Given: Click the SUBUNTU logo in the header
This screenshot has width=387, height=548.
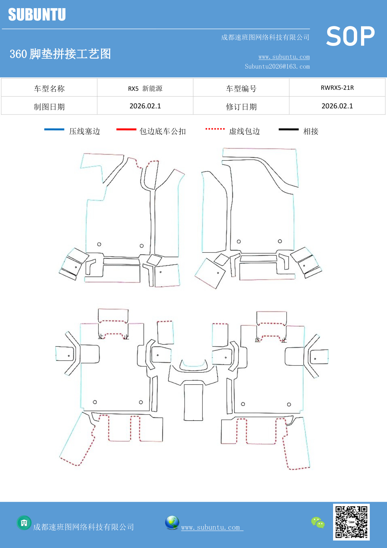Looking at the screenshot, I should tap(37, 15).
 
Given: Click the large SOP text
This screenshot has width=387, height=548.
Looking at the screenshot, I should tap(350, 36).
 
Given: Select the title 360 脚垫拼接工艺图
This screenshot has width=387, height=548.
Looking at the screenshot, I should tap(60, 54).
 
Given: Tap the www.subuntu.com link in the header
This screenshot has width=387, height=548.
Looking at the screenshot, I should tap(284, 57).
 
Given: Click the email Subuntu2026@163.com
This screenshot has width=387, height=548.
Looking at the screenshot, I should tap(277, 66).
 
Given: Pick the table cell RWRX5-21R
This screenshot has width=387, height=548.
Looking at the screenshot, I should tap(337, 88).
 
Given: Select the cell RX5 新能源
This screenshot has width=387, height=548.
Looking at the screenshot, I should tap(145, 89).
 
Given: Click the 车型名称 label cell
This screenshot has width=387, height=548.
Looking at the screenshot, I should tap(49, 89).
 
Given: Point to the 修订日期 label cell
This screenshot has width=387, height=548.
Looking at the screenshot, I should tap(241, 107).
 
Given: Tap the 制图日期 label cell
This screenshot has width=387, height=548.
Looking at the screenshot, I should tap(49, 107).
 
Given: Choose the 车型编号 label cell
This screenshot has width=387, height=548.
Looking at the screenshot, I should tap(241, 89).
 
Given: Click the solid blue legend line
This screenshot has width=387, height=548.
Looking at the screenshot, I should tap(54, 130).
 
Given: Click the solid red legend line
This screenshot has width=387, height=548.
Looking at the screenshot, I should tap(126, 130).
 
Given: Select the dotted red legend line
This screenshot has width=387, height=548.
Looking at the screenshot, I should tap(215, 129).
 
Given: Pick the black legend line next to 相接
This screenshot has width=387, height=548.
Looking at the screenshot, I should tap(289, 130).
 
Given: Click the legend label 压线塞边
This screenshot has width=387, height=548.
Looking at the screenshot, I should tap(84, 131).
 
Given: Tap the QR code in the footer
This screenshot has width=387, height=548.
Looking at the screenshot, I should tap(351, 522).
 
